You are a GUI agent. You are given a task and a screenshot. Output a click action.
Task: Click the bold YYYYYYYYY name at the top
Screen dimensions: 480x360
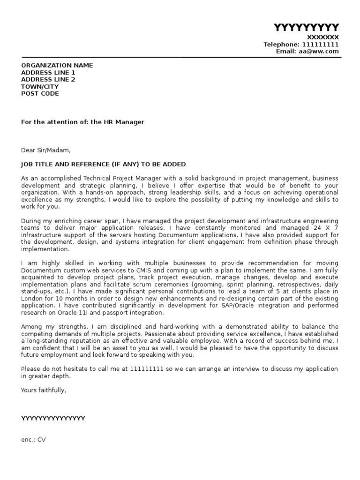(306, 27)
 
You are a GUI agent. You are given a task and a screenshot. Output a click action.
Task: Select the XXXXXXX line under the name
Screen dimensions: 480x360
(322, 37)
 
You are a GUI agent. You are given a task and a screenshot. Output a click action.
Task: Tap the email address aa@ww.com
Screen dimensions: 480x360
(318, 52)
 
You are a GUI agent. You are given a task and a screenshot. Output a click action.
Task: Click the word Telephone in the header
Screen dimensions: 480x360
(280, 45)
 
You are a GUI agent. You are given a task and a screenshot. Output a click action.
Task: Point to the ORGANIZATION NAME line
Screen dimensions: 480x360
(57, 66)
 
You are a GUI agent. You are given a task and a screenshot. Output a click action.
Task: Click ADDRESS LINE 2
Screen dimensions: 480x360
(48, 80)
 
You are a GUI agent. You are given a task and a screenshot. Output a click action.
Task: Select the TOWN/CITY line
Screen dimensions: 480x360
(40, 87)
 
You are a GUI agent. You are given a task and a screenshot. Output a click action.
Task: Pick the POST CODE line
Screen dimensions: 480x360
(40, 94)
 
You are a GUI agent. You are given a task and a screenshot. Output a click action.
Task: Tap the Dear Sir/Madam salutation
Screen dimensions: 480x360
(46, 150)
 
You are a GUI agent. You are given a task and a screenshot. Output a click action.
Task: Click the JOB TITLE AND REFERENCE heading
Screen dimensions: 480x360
(103, 165)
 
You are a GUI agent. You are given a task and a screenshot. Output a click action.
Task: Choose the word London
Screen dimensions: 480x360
(32, 299)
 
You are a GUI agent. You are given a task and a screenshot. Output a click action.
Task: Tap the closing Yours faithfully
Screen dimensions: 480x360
(44, 390)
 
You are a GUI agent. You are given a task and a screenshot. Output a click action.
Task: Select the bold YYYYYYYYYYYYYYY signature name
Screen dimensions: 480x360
(53, 419)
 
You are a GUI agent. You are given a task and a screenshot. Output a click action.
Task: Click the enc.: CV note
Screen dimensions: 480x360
(34, 440)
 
